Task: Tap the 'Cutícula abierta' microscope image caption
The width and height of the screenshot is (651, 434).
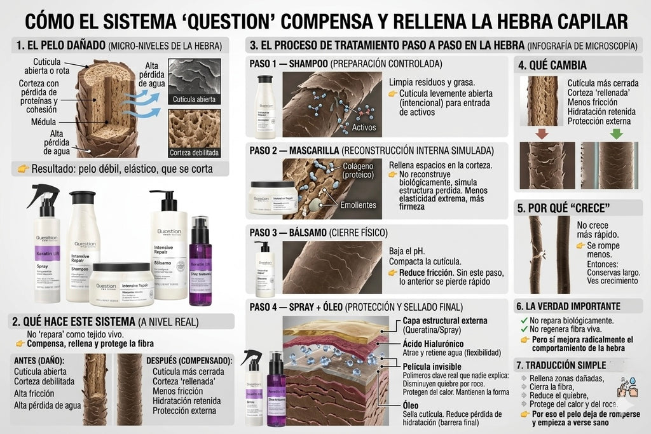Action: tap(195, 99)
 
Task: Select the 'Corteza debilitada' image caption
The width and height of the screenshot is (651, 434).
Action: tap(195, 153)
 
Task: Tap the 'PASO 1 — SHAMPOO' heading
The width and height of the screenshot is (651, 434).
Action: tap(289, 64)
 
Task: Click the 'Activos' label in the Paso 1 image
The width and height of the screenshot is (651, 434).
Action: tap(364, 127)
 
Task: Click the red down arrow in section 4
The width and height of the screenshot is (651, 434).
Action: tap(541, 134)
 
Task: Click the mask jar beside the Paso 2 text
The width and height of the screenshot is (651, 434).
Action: tap(273, 197)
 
